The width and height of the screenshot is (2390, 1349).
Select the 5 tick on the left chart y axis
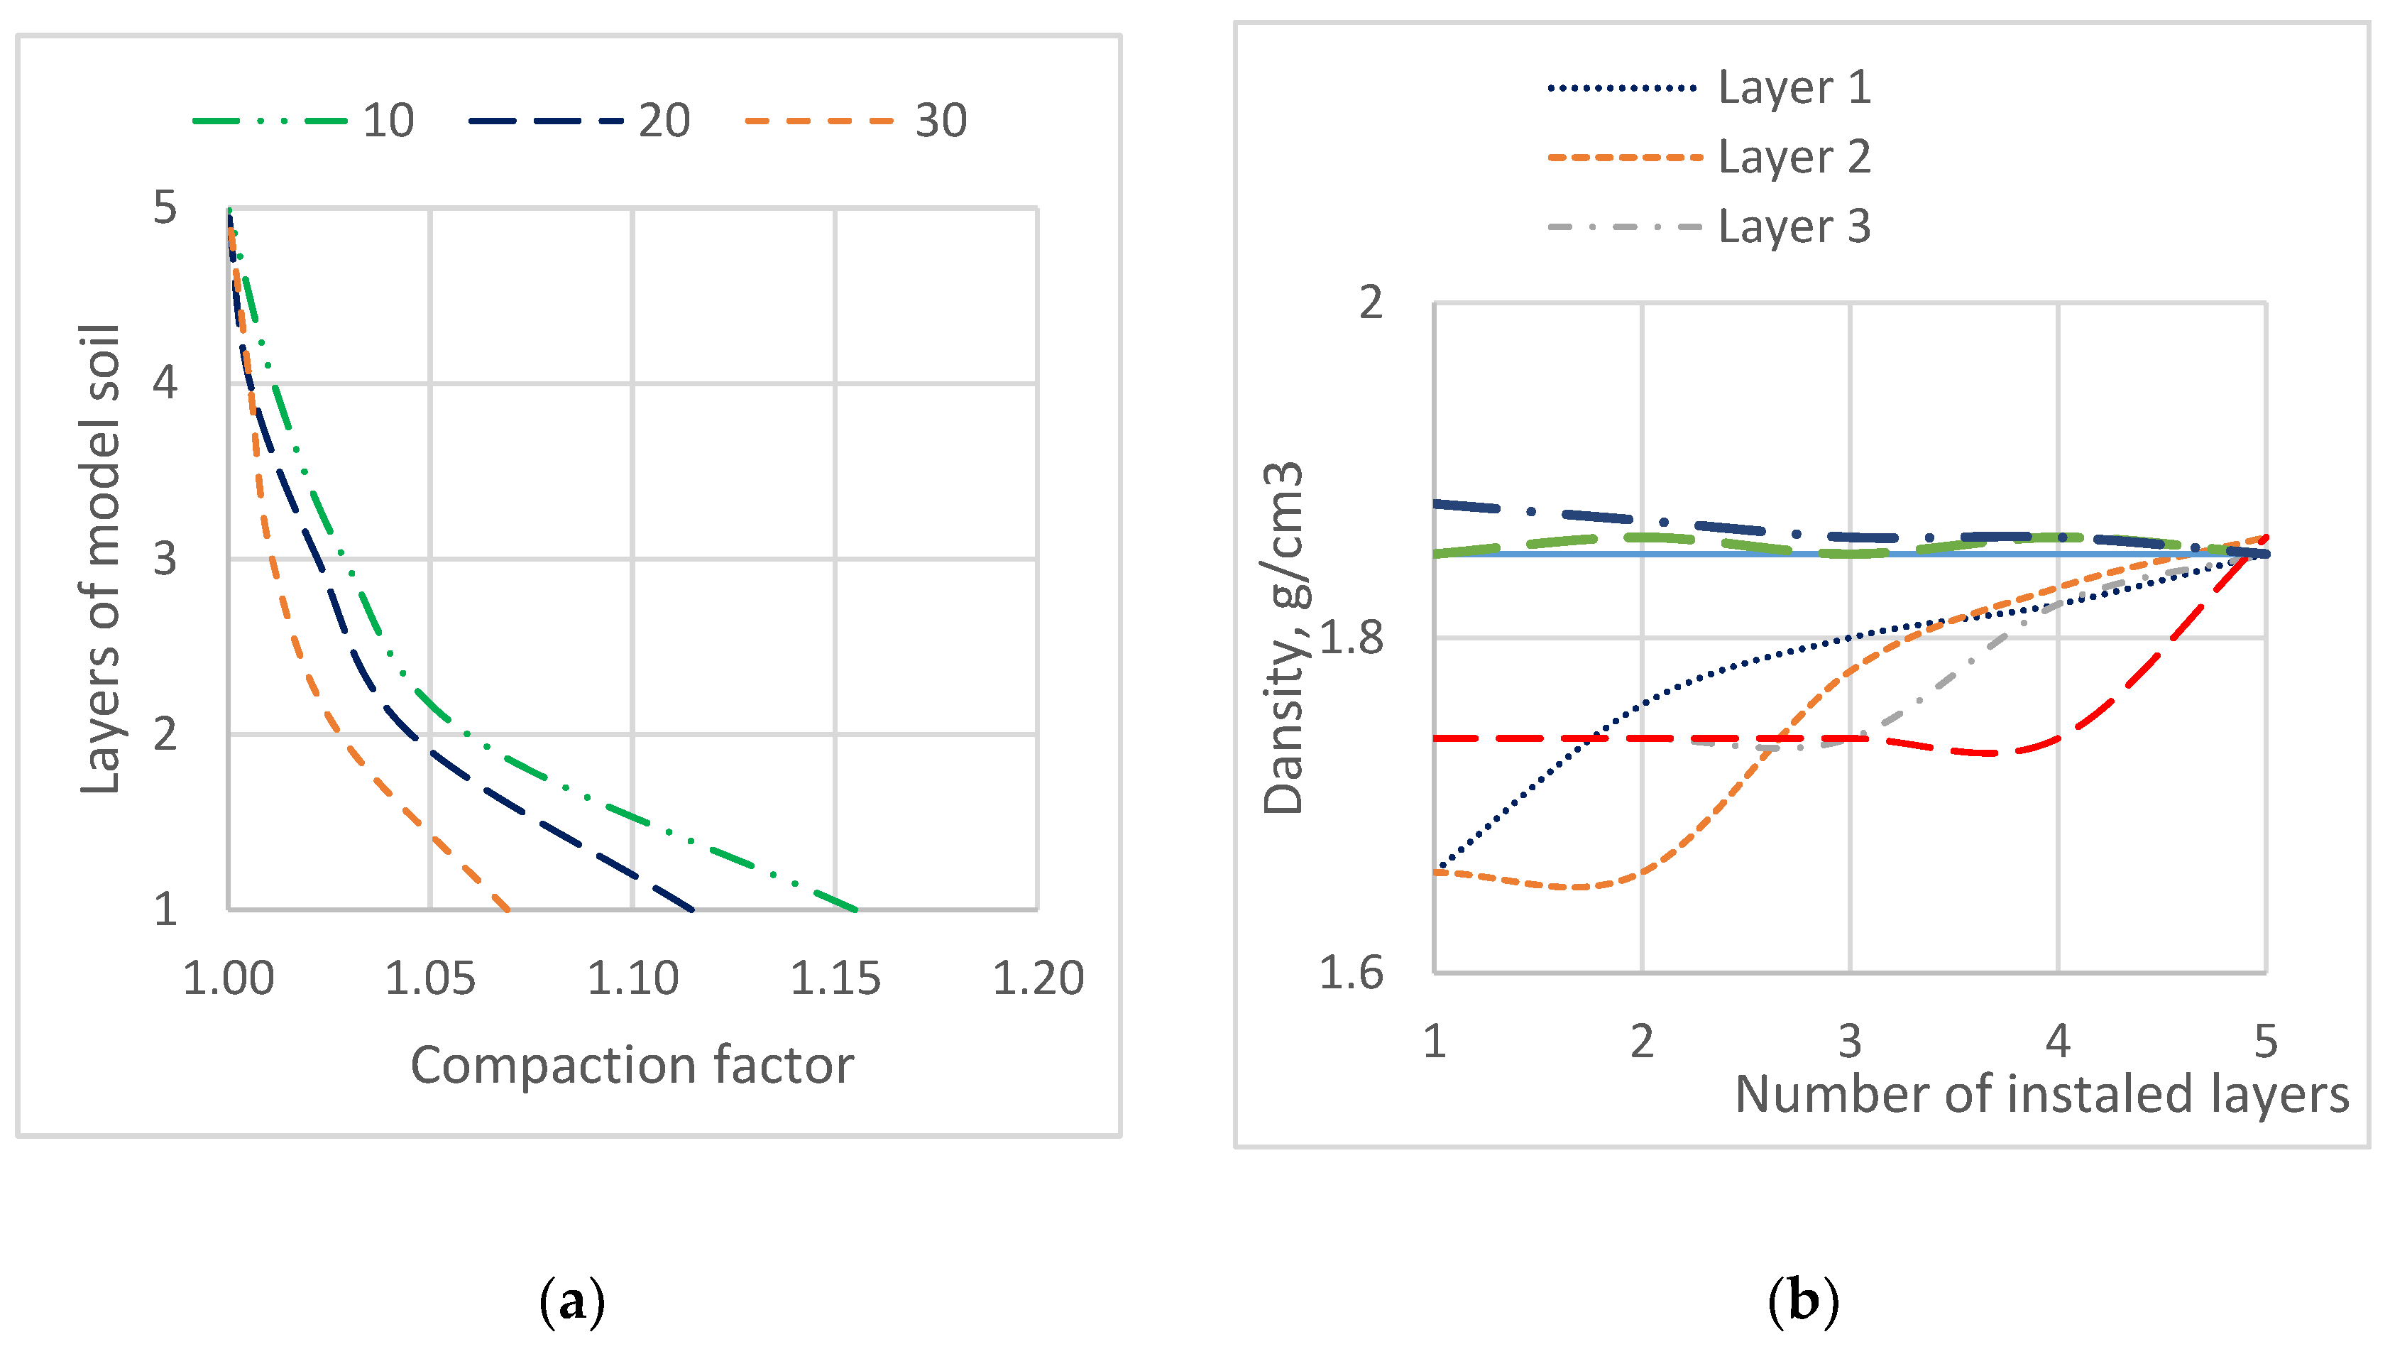coord(165,208)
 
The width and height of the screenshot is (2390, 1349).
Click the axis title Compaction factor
coord(632,1065)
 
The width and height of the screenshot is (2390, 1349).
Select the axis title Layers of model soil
coord(100,559)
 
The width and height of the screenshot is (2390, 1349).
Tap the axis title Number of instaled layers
coord(2041,1094)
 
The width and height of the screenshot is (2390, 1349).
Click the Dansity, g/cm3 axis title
coord(1284,638)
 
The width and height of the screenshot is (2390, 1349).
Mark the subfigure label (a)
coord(571,1301)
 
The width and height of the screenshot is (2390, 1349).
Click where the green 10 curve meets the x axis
coord(855,910)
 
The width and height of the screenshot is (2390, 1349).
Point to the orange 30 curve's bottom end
coord(508,910)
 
